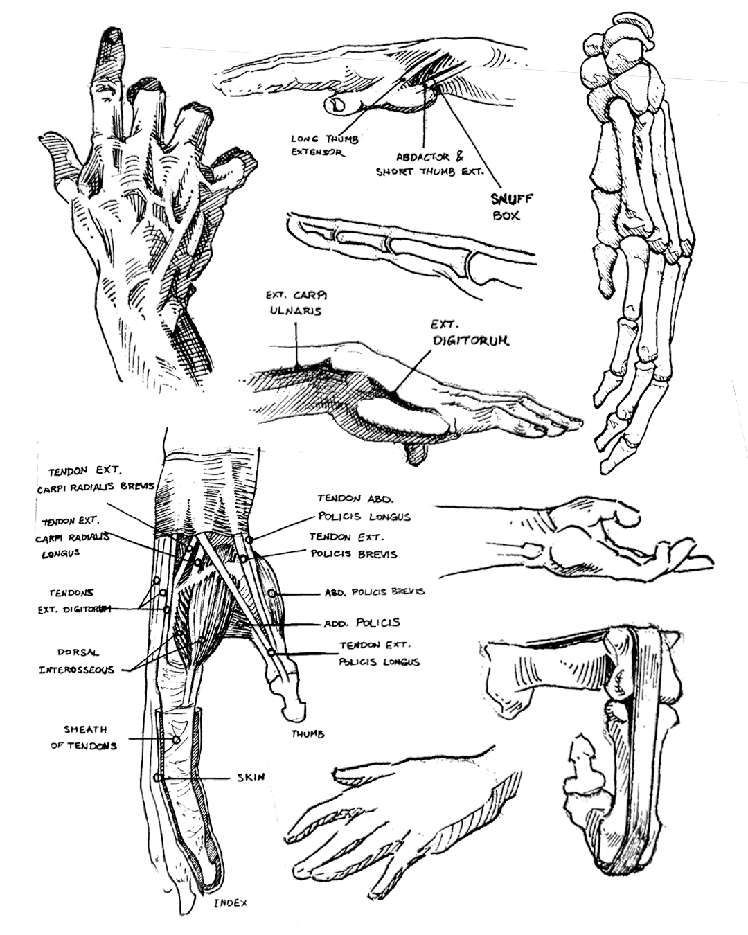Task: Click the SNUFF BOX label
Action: click(512, 207)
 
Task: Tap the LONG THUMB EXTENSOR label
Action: click(325, 145)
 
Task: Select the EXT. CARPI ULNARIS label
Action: click(296, 303)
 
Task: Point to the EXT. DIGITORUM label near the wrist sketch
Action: click(470, 332)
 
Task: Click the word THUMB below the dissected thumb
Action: click(308, 734)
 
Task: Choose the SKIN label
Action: click(251, 777)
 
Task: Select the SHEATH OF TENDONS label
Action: click(84, 737)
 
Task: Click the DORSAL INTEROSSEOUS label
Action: click(76, 661)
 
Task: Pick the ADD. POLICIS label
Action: click(362, 623)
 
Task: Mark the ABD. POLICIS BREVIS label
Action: click(375, 591)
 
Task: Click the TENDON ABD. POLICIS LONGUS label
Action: click(364, 507)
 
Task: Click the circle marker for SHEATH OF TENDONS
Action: click(176, 740)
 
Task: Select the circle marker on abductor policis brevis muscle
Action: click(271, 593)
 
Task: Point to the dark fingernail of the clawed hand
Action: click(111, 39)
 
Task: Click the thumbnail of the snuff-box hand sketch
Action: click(337, 105)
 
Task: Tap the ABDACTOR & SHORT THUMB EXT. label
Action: click(430, 164)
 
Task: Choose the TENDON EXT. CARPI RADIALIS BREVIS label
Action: click(96, 479)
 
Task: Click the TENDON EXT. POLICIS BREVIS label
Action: click(353, 546)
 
